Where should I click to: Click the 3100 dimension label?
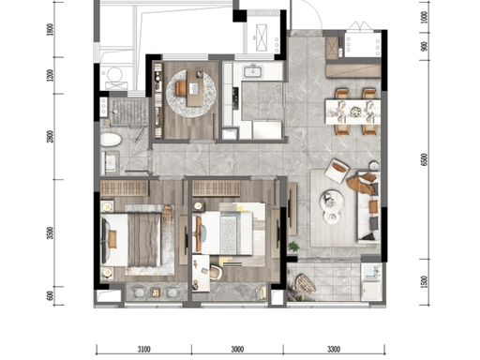(143, 349)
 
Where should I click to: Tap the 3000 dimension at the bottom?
(237, 349)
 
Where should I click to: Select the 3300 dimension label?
(334, 349)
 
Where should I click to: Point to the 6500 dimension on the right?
(425, 159)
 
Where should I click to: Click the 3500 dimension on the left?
(50, 232)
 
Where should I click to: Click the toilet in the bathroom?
(111, 140)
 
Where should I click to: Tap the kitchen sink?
(253, 71)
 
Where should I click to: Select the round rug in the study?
(191, 93)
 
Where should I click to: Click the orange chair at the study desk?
(181, 88)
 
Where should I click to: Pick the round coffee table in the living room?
(332, 199)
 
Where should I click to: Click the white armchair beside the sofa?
(337, 171)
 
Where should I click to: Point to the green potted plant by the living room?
(293, 247)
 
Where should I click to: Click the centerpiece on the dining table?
(355, 111)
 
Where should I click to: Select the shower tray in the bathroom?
(129, 112)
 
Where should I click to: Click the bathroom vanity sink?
(110, 162)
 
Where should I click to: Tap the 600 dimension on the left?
(50, 295)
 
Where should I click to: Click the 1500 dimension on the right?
(425, 282)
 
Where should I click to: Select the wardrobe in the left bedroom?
(125, 188)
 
